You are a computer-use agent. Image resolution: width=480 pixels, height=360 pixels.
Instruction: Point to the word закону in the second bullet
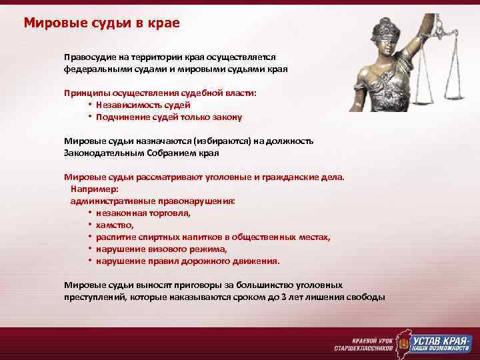pyautogui.click(x=227, y=117)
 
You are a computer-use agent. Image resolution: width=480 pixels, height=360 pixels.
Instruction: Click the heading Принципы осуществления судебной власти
pyautogui.click(x=160, y=93)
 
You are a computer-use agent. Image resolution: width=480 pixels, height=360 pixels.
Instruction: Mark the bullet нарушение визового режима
pyautogui.click(x=161, y=249)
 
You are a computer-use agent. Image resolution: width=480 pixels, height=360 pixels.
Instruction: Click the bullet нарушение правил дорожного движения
pyautogui.click(x=187, y=261)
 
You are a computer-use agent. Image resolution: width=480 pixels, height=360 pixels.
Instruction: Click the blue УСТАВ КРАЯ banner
pyautogui.click(x=441, y=341)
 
